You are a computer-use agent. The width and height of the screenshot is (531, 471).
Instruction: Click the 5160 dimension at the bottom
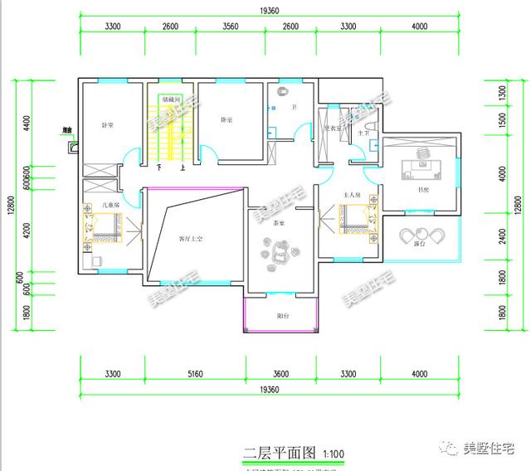[195, 374]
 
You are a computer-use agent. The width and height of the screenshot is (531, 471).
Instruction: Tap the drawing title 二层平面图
[279, 453]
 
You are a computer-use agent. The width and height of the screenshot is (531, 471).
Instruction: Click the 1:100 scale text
[332, 454]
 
